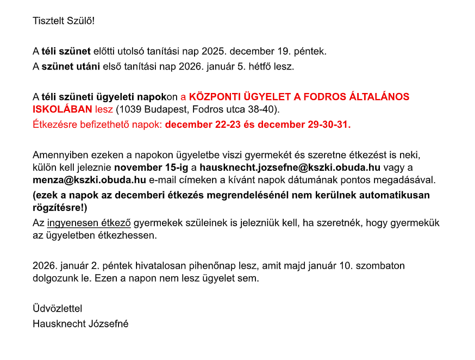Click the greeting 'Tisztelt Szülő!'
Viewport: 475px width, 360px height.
(x=64, y=21)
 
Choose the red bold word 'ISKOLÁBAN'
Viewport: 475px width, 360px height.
(x=62, y=109)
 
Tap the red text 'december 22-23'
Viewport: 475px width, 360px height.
(x=199, y=124)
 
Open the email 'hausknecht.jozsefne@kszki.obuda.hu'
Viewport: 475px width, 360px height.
(x=290, y=167)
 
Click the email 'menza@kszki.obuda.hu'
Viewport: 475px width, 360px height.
(x=89, y=179)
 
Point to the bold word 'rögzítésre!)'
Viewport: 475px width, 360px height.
(x=60, y=207)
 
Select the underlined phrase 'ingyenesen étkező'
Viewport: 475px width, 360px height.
(x=89, y=223)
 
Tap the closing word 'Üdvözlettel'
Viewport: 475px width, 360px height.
(x=57, y=308)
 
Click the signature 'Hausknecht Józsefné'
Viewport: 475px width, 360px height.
(x=80, y=324)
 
